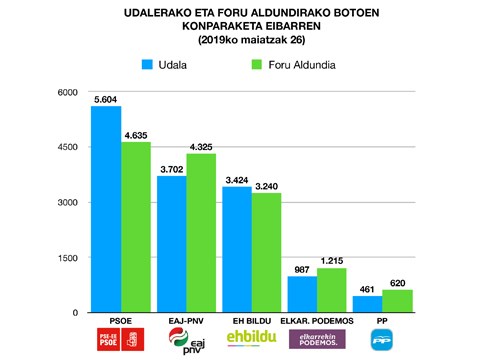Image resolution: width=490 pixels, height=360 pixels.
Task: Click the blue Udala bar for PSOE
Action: point(106,210)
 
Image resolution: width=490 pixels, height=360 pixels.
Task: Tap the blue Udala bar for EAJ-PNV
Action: point(171,245)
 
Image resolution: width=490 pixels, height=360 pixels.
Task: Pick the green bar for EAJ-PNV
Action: point(201,234)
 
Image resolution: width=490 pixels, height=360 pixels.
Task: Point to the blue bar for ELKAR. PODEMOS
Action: point(302,295)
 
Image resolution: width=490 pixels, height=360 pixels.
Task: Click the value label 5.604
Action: point(106,99)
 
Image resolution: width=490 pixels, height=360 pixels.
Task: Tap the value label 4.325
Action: point(202,146)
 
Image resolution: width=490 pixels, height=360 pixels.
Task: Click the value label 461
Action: point(367,288)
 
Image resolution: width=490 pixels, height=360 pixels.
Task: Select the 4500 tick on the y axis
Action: point(69,148)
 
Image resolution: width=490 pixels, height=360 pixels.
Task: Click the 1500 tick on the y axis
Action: point(69,258)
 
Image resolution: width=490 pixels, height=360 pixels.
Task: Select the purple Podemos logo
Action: point(317,340)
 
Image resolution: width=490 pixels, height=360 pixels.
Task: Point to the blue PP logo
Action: point(382,340)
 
